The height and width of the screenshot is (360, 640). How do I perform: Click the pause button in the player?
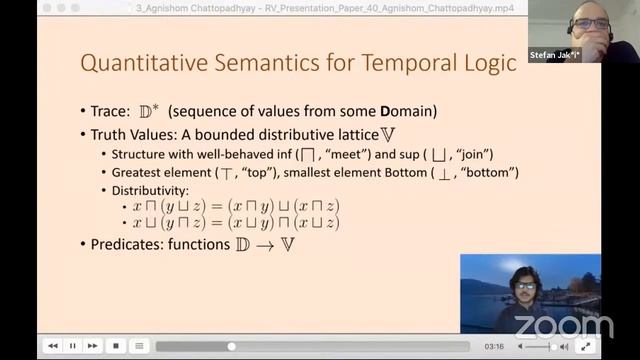click(73, 346)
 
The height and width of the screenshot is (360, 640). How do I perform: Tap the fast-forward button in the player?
click(93, 346)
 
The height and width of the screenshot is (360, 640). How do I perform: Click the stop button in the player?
click(116, 346)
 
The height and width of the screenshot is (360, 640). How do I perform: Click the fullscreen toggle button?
click(587, 346)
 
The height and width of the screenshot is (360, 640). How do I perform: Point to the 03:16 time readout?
click(493, 346)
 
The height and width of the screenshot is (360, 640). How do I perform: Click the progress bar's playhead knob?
click(232, 346)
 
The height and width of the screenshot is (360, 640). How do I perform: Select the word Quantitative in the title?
click(133, 65)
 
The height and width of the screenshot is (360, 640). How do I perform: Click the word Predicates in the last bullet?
click(131, 244)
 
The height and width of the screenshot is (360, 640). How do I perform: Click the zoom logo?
click(563, 326)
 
